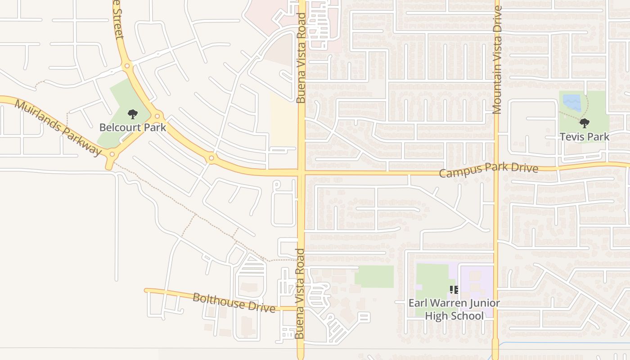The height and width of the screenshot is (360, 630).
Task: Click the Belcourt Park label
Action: tap(133, 127)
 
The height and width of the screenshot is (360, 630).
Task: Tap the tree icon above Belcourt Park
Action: tap(132, 114)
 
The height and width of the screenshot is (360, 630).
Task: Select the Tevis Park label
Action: tap(584, 137)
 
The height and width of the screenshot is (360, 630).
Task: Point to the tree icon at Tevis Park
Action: tap(584, 123)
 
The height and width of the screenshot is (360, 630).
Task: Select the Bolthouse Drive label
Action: tap(234, 302)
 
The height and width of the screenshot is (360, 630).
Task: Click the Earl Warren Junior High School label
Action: tap(454, 309)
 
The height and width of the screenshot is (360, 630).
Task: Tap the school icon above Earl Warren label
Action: tap(454, 290)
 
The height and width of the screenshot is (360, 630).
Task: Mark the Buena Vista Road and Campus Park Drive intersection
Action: tap(301, 172)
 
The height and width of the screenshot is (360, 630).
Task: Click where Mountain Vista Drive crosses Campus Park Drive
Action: tap(497, 171)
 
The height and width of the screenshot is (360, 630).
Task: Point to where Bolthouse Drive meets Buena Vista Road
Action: tap(301, 309)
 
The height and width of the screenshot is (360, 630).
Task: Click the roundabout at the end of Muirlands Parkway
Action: tap(112, 155)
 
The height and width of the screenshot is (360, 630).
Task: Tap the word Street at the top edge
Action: tap(118, 20)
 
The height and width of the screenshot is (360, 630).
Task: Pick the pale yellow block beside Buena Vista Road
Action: tap(283, 120)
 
